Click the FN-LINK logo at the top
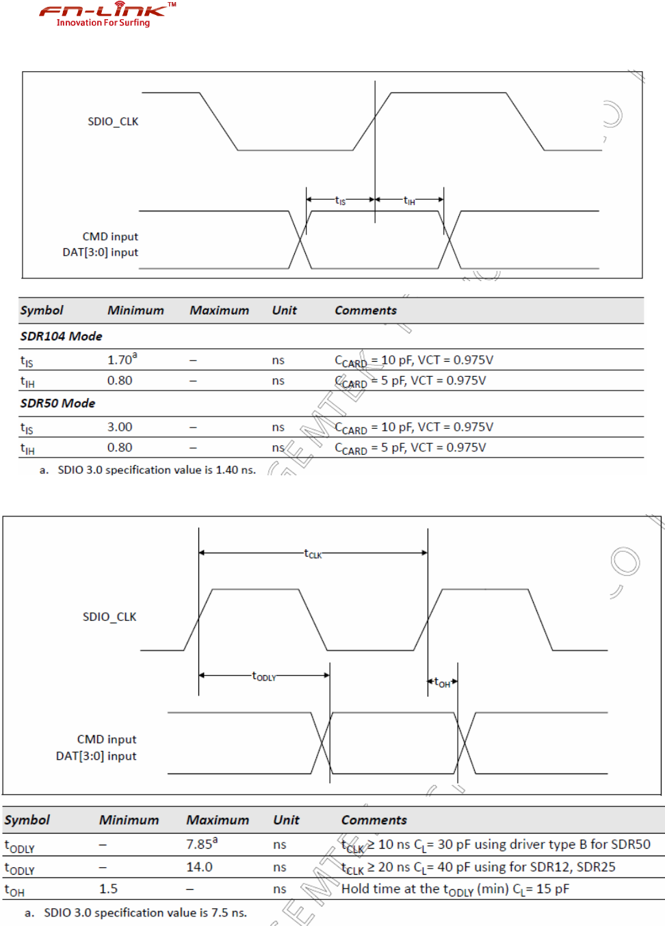[106, 14]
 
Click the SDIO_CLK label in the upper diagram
[113, 122]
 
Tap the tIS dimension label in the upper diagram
[340, 200]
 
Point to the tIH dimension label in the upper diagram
[409, 200]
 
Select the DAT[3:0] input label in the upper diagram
[100, 252]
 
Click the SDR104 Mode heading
[61, 336]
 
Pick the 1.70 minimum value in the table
[121, 359]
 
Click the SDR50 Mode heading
[57, 404]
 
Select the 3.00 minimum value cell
[120, 427]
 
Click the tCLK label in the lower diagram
[313, 554]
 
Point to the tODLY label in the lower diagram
[264, 676]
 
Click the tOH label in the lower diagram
[442, 683]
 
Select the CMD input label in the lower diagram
[107, 739]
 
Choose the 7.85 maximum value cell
[201, 844]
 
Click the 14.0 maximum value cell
[199, 867]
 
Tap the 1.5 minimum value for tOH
[108, 889]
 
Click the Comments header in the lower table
[374, 820]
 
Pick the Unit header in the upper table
[284, 310]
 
